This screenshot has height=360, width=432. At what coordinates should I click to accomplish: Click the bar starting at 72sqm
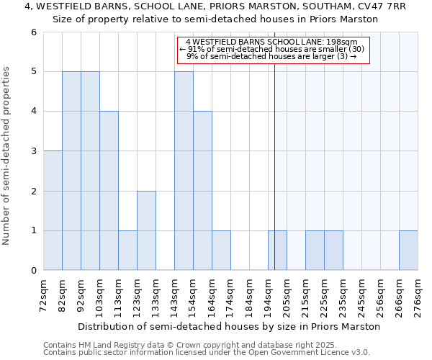coord(53,210)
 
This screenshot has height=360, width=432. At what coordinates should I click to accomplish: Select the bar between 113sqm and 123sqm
coord(127,251)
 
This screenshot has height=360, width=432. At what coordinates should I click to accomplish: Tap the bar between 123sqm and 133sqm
coord(146,230)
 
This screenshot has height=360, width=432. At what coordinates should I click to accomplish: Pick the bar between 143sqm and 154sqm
coord(184,171)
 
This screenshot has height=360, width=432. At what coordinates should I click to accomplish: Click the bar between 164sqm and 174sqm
coord(221,251)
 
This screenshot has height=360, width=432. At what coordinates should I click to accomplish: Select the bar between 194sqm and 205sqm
coord(277,251)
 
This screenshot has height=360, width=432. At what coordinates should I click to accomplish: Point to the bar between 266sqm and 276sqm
coord(408,251)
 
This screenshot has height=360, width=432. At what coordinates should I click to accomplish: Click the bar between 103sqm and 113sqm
coord(109,191)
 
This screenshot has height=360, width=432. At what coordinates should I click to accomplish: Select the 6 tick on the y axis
coord(33,32)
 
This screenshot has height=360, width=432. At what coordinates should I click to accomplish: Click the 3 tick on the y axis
coord(33,151)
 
